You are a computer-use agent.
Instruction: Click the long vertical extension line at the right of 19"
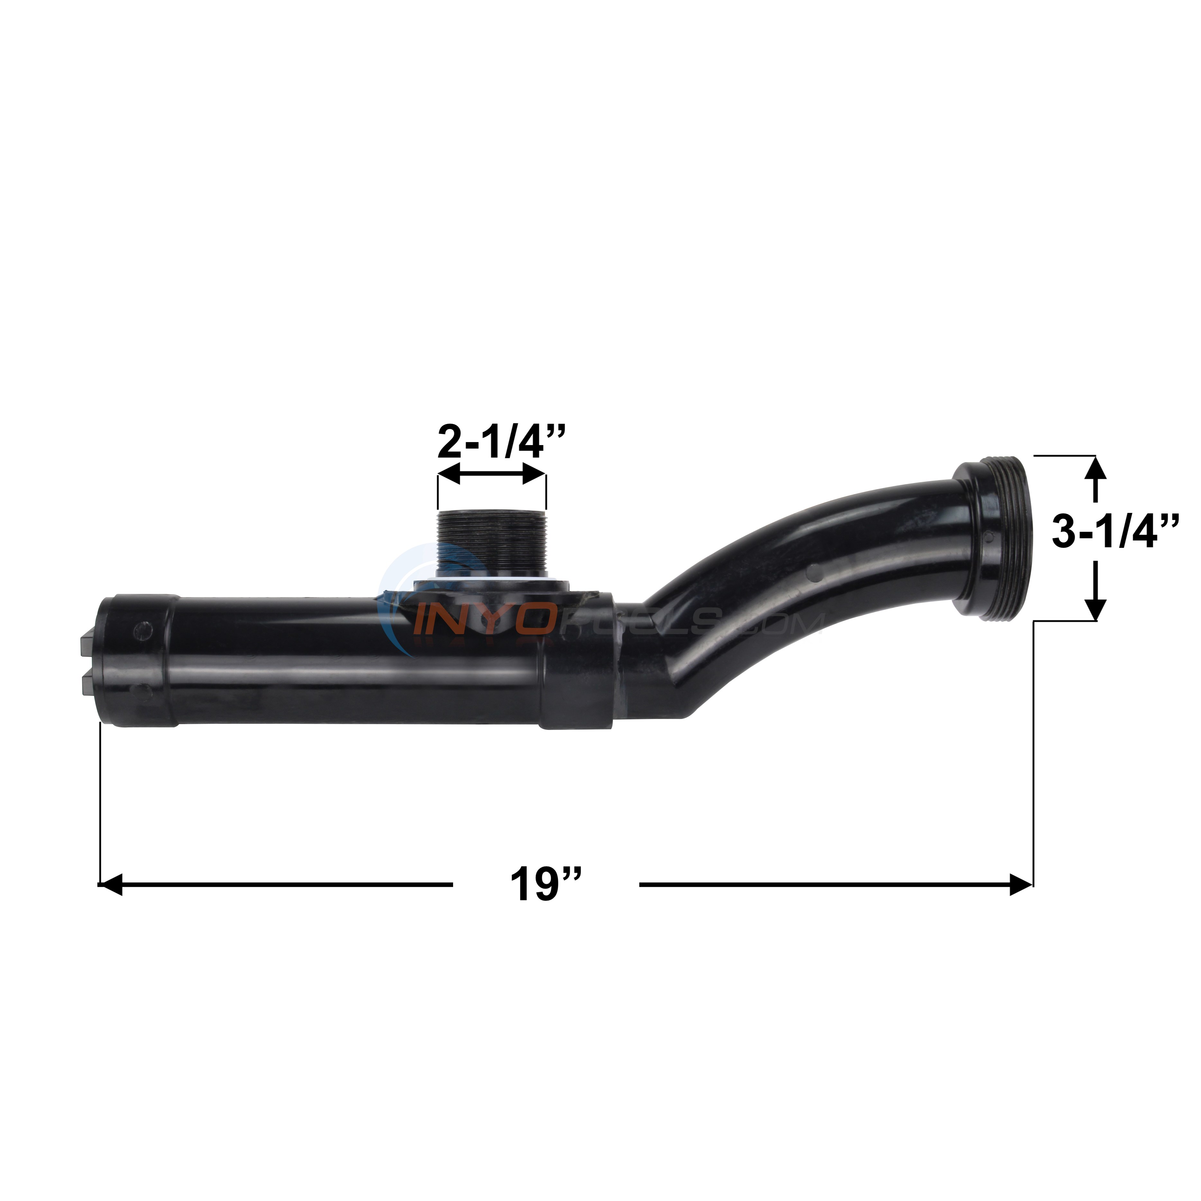click(1033, 746)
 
